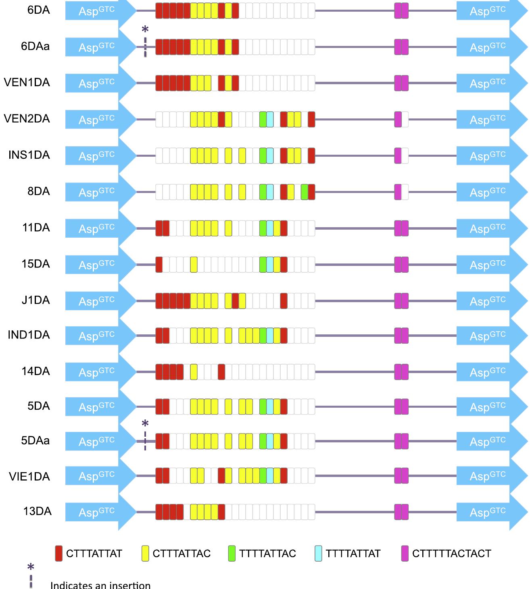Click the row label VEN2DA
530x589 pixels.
click(x=27, y=119)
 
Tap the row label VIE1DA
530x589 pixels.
click(x=29, y=477)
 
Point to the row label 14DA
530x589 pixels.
click(x=36, y=371)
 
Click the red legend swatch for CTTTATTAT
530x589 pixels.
click(x=59, y=554)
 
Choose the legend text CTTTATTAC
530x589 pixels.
click(x=182, y=554)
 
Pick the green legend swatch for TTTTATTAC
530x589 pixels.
click(x=232, y=554)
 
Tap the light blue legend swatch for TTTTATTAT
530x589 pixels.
click(x=318, y=554)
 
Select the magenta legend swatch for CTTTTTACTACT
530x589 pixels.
click(x=405, y=554)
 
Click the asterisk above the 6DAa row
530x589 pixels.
click(x=145, y=30)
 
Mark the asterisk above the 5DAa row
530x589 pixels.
click(x=145, y=424)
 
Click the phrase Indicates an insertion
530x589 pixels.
click(x=100, y=585)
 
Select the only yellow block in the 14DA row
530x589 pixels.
click(x=194, y=371)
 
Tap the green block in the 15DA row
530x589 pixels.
click(x=263, y=264)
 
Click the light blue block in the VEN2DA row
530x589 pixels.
click(x=270, y=119)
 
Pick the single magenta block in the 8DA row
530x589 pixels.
click(x=398, y=192)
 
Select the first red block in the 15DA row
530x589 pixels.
click(x=159, y=264)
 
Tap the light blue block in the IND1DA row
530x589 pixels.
click(x=270, y=335)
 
